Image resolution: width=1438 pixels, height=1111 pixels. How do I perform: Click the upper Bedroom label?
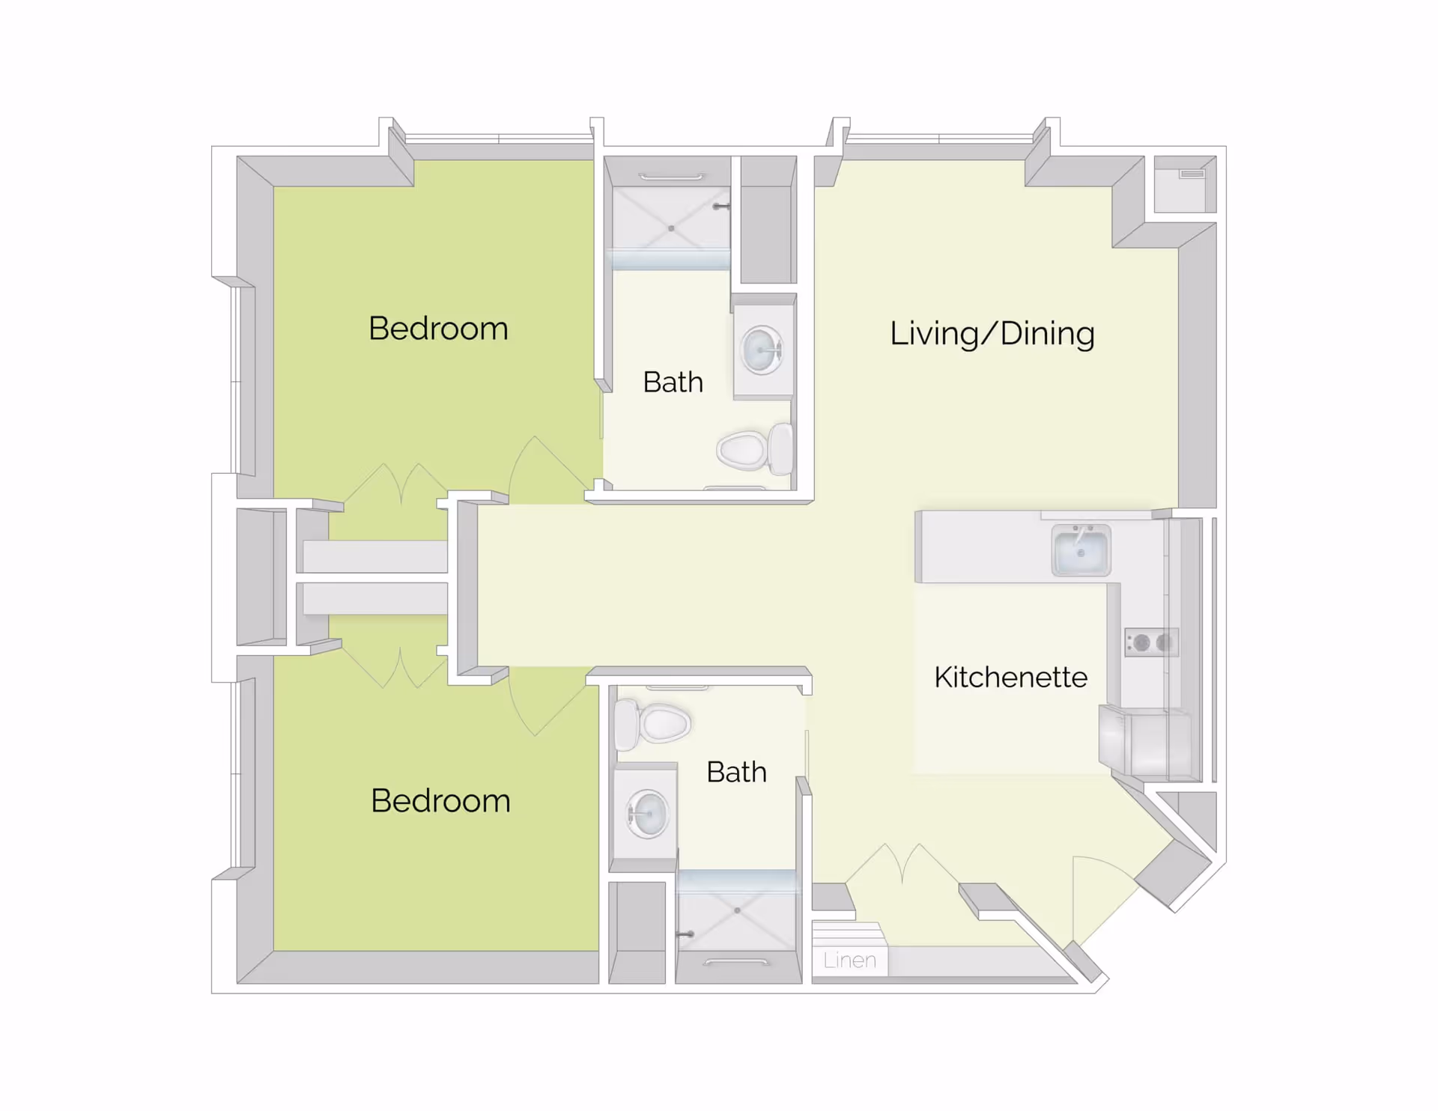tap(438, 329)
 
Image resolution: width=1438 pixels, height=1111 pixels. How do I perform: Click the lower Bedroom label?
tap(440, 801)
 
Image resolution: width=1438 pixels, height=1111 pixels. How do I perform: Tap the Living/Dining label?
tap(992, 333)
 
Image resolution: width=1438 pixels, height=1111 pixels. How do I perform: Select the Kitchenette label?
tap(1010, 677)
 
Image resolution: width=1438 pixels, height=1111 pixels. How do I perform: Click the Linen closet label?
tap(849, 960)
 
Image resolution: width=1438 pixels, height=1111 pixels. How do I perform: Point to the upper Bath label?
tap(673, 383)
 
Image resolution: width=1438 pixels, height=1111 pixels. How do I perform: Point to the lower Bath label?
tap(736, 772)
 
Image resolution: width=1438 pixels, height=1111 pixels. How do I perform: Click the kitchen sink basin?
tap(1080, 553)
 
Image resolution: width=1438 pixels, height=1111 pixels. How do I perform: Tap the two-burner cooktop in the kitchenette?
tap(1152, 642)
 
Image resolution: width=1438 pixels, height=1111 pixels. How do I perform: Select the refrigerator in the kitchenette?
tap(1144, 743)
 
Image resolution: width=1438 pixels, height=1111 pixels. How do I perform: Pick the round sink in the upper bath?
tap(762, 350)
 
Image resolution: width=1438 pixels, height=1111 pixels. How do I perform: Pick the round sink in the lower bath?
tap(647, 814)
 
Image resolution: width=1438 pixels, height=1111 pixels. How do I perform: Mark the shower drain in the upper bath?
tap(671, 228)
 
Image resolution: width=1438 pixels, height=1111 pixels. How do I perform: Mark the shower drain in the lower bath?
tap(737, 910)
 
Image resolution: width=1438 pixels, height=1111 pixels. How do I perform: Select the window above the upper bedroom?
tap(499, 139)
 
